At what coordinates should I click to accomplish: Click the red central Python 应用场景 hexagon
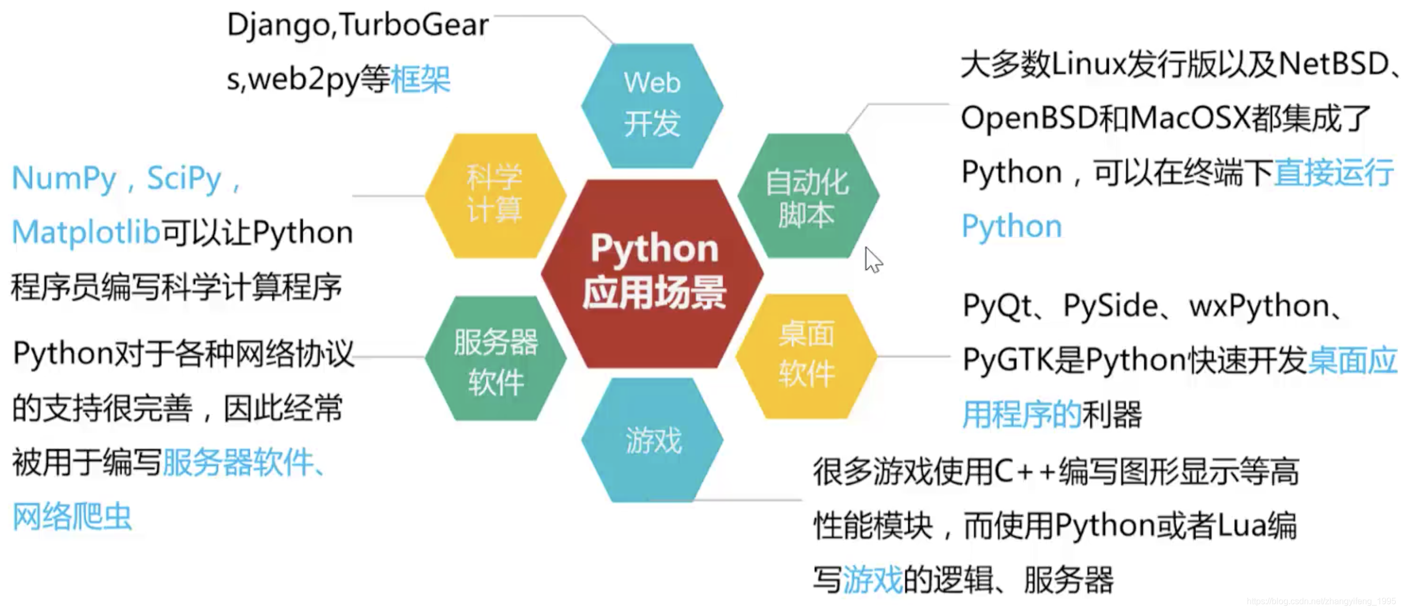click(x=653, y=272)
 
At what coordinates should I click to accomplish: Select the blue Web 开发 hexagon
click(x=652, y=105)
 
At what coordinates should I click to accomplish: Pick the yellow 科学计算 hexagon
click(x=496, y=195)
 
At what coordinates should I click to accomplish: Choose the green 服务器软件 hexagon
click(x=496, y=359)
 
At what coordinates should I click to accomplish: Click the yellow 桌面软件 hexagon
click(x=807, y=356)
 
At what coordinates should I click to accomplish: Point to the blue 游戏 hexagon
click(x=652, y=440)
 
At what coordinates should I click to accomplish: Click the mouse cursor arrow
click(x=872, y=260)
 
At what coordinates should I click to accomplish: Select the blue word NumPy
click(x=64, y=178)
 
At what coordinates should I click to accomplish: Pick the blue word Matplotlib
click(x=86, y=233)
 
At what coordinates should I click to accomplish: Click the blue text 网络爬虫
click(x=72, y=516)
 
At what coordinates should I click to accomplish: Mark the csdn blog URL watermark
click(x=1321, y=601)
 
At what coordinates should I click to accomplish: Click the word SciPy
click(x=184, y=178)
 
